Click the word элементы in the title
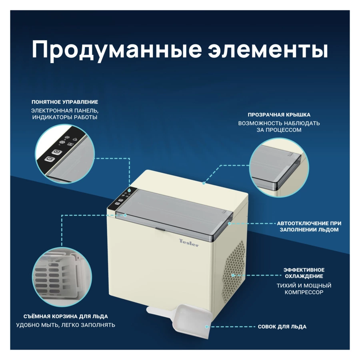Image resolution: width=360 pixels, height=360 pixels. point(268,50)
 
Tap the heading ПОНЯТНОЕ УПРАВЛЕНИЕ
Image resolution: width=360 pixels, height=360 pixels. point(65,102)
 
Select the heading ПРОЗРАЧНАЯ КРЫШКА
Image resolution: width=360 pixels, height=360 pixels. point(279,115)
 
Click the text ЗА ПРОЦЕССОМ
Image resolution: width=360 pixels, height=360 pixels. point(279,130)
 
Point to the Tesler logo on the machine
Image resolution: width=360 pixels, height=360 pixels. point(188,242)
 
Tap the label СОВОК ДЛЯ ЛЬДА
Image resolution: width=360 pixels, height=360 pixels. point(282,327)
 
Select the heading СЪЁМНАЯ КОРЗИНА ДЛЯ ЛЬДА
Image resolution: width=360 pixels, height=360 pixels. point(65,316)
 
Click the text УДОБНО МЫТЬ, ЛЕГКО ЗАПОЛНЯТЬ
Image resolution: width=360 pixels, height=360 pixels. point(66,325)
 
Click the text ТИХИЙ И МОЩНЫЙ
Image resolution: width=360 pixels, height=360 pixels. point(304,286)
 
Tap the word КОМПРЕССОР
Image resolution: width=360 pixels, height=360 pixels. point(304,292)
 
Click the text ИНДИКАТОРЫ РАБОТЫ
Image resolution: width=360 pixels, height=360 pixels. point(65,117)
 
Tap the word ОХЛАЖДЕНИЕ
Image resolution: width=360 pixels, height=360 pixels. point(304,276)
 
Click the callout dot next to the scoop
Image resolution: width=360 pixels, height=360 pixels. point(212,327)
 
